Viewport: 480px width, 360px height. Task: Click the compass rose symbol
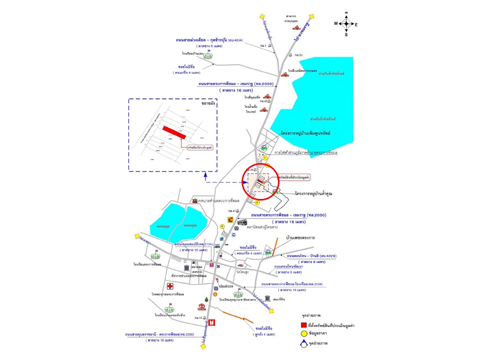(x=346, y=23)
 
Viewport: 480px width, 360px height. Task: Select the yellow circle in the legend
(x=297, y=333)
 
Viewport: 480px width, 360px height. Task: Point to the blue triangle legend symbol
(x=297, y=343)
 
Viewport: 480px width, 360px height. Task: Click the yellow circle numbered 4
(x=222, y=226)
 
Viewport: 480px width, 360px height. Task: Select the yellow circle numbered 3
(x=257, y=202)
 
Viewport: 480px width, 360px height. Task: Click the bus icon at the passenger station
(x=242, y=222)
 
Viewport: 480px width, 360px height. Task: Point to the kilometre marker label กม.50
(x=298, y=54)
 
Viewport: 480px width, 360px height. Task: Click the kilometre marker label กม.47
(x=231, y=211)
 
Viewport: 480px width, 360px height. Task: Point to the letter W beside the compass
(x=336, y=23)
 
